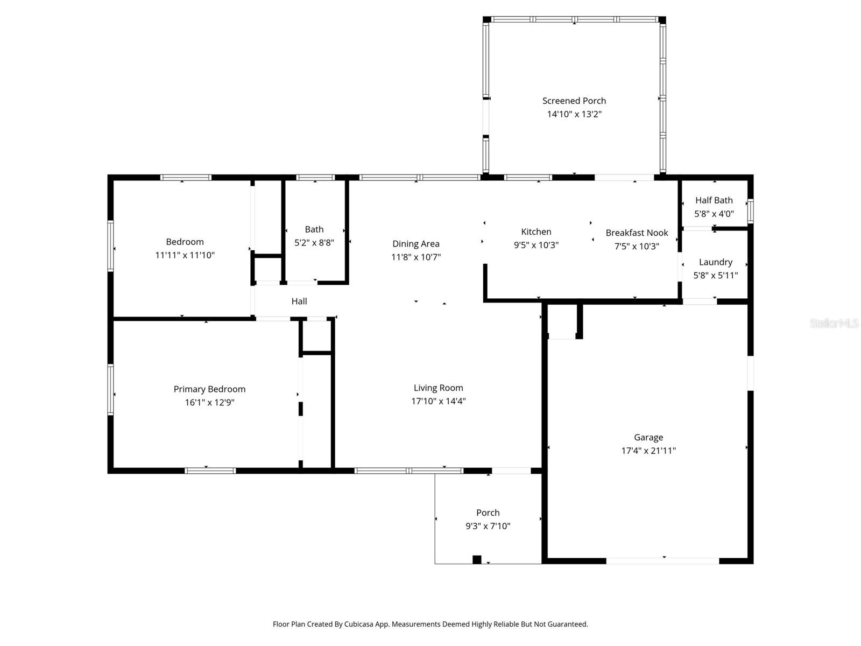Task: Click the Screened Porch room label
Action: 574,101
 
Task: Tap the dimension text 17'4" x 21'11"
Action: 648,451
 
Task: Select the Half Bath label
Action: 714,200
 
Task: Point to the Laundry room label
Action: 715,262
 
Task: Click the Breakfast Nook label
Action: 637,233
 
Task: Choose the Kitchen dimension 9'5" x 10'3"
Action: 536,245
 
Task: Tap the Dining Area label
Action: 415,244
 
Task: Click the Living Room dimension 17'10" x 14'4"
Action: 438,401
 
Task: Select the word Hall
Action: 299,301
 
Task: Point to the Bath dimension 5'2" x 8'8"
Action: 314,243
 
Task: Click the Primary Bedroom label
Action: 209,389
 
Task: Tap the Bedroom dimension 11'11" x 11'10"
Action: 185,255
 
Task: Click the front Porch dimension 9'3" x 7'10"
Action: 488,526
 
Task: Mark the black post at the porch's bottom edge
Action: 477,559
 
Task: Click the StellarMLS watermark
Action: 834,324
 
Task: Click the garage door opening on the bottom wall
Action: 662,561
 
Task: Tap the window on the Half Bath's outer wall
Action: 750,211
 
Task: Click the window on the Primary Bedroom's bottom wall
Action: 210,471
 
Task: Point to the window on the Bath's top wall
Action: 315,178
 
